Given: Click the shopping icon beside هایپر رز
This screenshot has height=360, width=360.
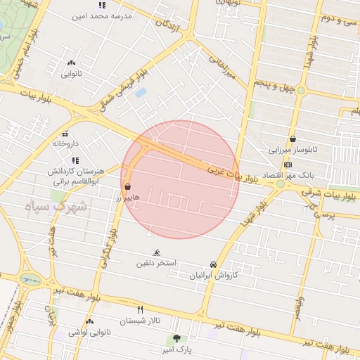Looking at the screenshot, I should [x=128, y=187].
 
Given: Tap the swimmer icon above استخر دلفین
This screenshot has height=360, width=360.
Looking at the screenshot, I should [x=156, y=253].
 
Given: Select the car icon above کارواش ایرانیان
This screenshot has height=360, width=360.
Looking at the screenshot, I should [x=212, y=264].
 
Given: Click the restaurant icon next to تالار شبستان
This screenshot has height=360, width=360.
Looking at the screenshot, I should [x=140, y=309].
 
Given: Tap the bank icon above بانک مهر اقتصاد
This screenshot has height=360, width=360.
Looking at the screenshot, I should [x=287, y=164].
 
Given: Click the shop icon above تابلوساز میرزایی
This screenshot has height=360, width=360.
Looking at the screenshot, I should [x=292, y=139].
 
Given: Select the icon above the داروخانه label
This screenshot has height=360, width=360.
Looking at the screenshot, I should [x=65, y=134].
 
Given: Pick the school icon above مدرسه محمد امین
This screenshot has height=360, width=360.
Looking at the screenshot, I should [x=102, y=6].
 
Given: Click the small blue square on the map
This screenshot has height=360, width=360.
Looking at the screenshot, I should [x=141, y=92].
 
